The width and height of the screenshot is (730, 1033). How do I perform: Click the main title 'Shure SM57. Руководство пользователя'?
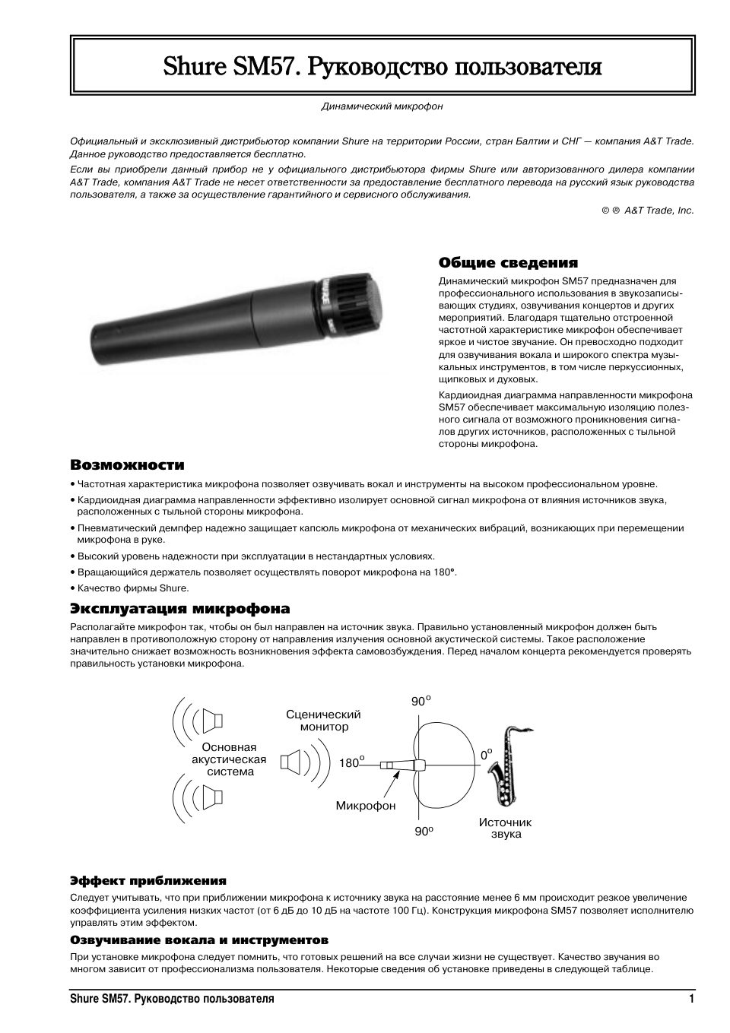(382, 67)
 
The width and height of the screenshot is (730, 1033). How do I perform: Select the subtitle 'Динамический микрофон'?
(382, 106)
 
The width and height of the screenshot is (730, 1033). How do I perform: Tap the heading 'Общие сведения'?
(508, 263)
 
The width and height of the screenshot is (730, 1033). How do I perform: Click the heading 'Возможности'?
(127, 464)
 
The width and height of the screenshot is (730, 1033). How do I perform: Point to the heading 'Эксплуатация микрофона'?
(180, 609)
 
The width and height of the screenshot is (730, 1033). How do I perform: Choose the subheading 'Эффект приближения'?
(148, 881)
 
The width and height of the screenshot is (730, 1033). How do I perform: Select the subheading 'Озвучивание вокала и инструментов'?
(199, 940)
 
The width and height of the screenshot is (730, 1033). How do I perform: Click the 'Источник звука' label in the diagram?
(505, 828)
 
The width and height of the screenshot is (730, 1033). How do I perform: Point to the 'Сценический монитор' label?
(323, 720)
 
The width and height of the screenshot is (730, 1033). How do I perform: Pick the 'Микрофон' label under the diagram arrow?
(365, 806)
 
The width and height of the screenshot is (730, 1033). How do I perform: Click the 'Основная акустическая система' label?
(229, 759)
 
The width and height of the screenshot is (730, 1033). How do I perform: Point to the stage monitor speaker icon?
(292, 761)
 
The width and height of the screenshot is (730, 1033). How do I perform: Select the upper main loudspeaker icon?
(212, 719)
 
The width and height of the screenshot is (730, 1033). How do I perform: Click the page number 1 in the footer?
(690, 999)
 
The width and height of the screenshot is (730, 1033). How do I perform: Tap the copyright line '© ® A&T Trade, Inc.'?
(647, 211)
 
